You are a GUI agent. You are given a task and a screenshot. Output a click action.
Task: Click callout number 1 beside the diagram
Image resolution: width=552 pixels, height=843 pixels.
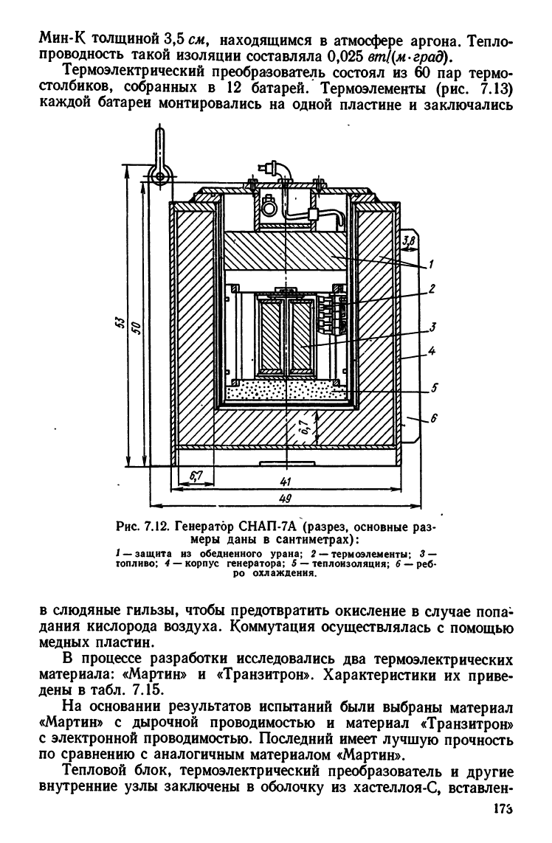tap(431, 265)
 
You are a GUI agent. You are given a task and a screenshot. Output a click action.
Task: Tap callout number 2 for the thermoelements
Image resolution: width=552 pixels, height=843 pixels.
tap(432, 288)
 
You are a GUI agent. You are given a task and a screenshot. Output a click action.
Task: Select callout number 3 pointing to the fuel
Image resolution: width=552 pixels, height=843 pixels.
tap(432, 326)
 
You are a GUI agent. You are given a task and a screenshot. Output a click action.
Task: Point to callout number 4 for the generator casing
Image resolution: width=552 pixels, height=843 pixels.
tap(432, 352)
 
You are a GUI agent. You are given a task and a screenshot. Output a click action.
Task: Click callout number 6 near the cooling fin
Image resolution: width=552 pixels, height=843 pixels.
tap(434, 418)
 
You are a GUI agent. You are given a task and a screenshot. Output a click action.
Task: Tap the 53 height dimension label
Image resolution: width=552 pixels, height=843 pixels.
tap(120, 322)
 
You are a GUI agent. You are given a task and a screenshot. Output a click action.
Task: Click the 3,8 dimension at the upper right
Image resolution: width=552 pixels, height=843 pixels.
tap(410, 241)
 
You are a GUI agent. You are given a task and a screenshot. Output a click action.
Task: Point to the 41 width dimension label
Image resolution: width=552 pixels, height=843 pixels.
tap(286, 481)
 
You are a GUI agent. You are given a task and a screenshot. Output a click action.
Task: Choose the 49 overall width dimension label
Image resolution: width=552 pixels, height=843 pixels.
tap(286, 499)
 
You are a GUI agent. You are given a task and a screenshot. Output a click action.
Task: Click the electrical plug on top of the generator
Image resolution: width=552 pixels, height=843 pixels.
tap(272, 167)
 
